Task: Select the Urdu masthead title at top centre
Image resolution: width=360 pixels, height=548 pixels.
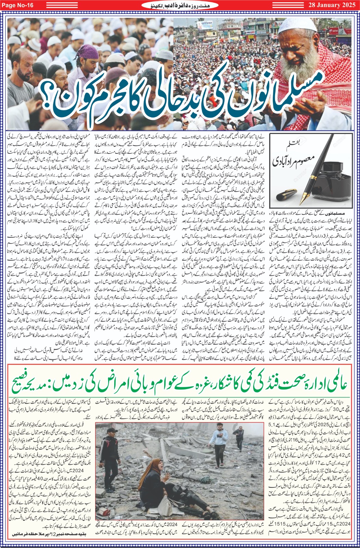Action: click(180, 5)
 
